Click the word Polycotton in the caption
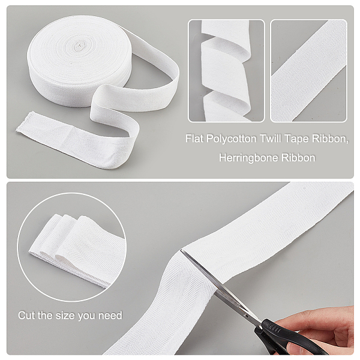pos(231,139)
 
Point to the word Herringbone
pos(248,158)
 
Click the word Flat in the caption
pos(194,139)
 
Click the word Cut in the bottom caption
pos(26,315)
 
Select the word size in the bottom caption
pos(65,315)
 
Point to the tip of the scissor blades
pos(181,250)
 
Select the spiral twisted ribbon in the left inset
pos(226,71)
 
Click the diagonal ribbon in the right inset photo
pos(309,71)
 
